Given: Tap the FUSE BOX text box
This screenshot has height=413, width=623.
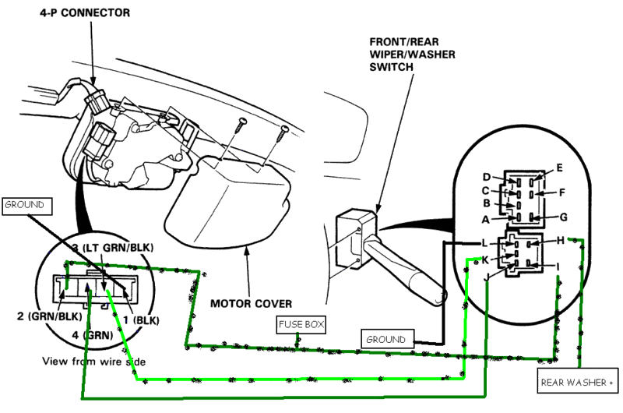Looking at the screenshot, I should coord(301,323).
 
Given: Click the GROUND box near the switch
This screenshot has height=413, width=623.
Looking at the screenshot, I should coord(385,340).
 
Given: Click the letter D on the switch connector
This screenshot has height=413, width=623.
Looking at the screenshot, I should coord(487,177).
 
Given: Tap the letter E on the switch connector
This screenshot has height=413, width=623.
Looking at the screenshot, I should coord(559,168).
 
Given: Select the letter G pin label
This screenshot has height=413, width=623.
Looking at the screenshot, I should coord(563,217).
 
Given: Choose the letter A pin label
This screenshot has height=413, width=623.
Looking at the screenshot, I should coord(485,219).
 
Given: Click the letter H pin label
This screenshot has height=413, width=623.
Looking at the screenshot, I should coord(560,241).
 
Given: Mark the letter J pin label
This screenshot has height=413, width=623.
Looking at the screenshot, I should coord(486,276).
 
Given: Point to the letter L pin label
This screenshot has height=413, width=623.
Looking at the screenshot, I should coord(484,242).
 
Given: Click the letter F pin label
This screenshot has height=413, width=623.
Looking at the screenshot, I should coord(561,192).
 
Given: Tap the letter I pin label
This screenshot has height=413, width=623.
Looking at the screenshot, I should coord(558,267).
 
